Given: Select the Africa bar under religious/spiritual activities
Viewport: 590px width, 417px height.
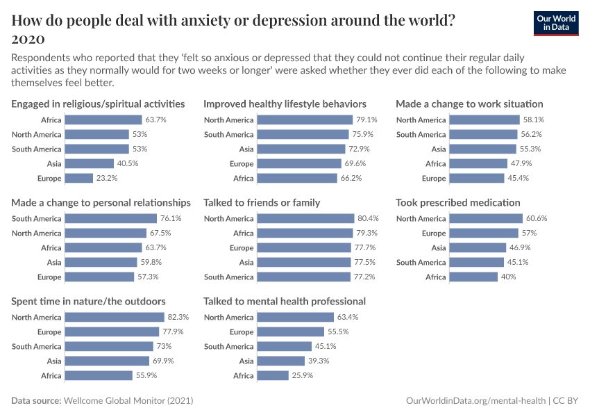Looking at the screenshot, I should click(103, 120).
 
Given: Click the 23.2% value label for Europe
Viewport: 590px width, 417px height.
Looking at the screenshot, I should click(108, 178).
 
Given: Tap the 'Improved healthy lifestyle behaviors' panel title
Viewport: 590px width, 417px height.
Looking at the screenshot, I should click(285, 104).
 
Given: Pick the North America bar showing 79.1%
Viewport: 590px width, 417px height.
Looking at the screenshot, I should click(305, 120).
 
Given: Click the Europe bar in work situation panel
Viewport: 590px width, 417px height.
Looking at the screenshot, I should click(477, 178).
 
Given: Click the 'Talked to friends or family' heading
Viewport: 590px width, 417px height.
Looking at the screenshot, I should click(262, 203).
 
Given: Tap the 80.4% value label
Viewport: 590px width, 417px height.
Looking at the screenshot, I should click(368, 218).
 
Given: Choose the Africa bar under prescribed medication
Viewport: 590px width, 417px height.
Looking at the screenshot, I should click(473, 277).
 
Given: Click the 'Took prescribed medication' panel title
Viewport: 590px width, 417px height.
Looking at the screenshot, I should click(458, 203).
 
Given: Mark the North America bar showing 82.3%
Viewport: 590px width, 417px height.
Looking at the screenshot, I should click(115, 317).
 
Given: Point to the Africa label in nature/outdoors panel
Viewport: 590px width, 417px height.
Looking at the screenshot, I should click(51, 375).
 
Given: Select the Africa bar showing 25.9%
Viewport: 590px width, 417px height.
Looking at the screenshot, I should click(273, 375).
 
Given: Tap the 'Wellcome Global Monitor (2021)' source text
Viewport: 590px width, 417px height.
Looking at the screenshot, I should click(128, 401).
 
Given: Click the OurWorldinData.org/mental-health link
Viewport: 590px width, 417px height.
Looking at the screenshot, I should click(475, 401).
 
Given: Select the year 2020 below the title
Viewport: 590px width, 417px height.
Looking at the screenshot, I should click(28, 38).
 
